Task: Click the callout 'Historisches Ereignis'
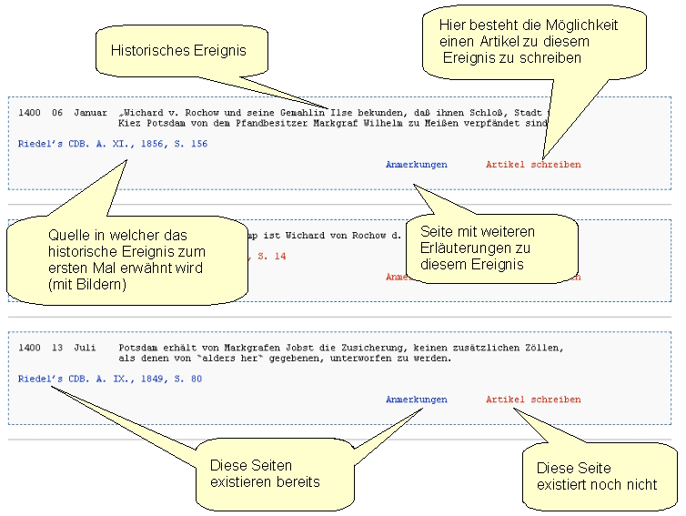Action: pyautogui.click(x=178, y=51)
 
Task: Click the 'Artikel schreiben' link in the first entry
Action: pyautogui.click(x=532, y=165)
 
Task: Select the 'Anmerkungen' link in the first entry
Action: pyautogui.click(x=416, y=165)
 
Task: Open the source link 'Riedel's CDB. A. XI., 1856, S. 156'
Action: pyautogui.click(x=112, y=144)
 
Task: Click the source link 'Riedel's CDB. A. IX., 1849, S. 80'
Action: pyautogui.click(x=109, y=379)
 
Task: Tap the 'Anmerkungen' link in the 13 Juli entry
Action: pyautogui.click(x=416, y=400)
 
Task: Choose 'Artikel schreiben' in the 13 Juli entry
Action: pyautogui.click(x=532, y=400)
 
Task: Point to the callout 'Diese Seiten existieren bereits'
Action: pyautogui.click(x=265, y=474)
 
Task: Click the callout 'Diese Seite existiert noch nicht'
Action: pyautogui.click(x=596, y=476)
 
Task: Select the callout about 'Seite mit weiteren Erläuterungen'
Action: pyautogui.click(x=490, y=248)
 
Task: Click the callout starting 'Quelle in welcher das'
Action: pyautogui.click(x=126, y=259)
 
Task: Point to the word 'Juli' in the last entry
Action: pyautogui.click(x=85, y=348)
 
